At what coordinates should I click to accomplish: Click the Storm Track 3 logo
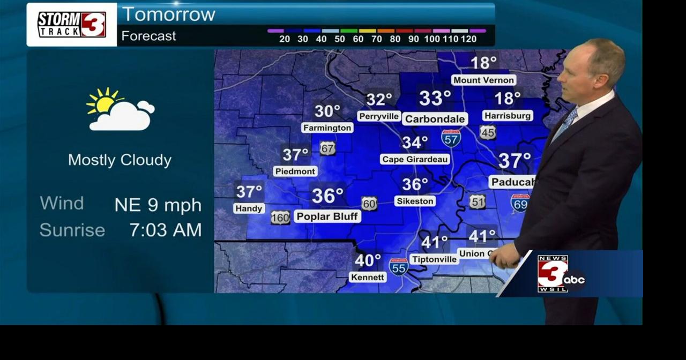[72, 25]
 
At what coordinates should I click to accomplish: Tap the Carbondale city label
[435, 119]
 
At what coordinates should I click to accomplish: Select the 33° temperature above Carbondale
[435, 99]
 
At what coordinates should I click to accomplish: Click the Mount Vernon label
[483, 80]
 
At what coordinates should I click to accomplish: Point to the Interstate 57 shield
[451, 138]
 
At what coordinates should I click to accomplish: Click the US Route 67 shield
[327, 148]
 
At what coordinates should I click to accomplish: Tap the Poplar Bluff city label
[327, 216]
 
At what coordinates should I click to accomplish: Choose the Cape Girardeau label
[415, 159]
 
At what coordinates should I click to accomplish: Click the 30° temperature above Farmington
[327, 111]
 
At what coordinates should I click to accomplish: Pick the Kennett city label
[368, 277]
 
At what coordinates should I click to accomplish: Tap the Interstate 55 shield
[399, 266]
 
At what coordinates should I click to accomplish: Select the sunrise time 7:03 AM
[166, 230]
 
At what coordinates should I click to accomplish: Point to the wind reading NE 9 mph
[158, 205]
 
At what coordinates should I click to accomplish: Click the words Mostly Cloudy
[120, 160]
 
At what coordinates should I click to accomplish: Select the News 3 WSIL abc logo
[560, 274]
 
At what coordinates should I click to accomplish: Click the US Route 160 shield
[280, 217]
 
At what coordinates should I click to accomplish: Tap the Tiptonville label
[435, 260]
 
